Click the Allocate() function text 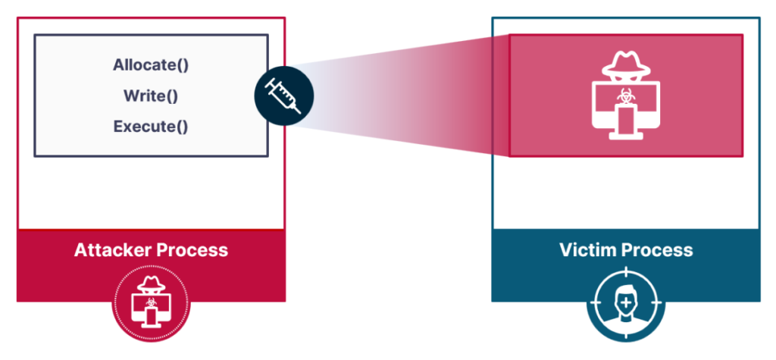[151, 65]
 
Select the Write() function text [151, 96]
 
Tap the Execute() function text [151, 127]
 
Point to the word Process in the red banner [195, 250]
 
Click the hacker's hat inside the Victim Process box [626, 62]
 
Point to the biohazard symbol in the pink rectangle [626, 96]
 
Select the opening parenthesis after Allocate [179, 65]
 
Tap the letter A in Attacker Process [80, 250]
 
